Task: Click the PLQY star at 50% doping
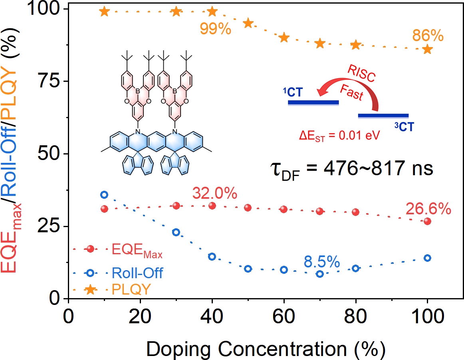(x=248, y=23)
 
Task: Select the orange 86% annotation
(x=428, y=36)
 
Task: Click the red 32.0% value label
(x=215, y=193)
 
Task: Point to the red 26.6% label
(x=428, y=208)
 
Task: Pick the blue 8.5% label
(x=321, y=262)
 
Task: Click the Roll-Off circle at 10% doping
(x=104, y=194)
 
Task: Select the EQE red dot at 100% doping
(x=428, y=221)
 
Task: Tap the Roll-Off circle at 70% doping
(x=319, y=274)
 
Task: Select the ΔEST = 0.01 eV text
(x=339, y=134)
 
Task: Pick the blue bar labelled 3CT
(x=383, y=116)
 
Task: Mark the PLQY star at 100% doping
(x=428, y=49)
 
